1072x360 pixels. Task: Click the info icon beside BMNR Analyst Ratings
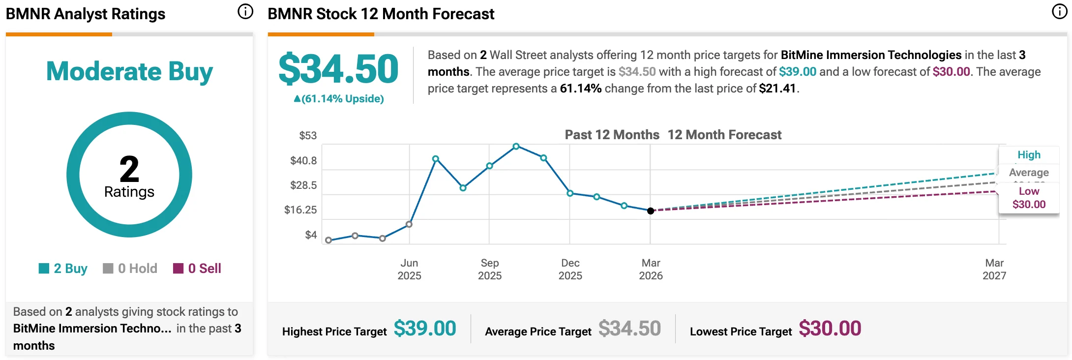tap(245, 11)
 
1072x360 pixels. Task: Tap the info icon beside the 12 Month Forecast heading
tap(1059, 11)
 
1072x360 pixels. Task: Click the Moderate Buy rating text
tap(129, 71)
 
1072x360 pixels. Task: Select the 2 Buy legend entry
tap(63, 269)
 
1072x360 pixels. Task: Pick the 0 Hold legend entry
tap(130, 269)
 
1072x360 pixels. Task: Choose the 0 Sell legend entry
tap(197, 269)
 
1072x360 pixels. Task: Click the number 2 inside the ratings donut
tap(129, 169)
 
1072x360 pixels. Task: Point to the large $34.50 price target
tap(338, 69)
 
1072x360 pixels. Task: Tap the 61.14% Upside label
tap(339, 99)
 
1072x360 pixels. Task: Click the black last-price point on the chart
tap(651, 211)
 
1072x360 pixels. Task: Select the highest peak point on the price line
tap(516, 147)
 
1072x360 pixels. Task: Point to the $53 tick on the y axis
tap(308, 136)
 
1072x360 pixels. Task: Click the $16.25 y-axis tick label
tap(300, 210)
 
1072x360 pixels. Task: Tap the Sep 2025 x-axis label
tap(490, 269)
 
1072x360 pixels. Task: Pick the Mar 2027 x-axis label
tap(994, 269)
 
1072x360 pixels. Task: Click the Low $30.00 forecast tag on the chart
tap(1029, 198)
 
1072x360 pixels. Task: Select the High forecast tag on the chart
tap(1029, 155)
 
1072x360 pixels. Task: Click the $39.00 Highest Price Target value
tap(425, 329)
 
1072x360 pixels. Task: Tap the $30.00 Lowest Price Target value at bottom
tap(830, 329)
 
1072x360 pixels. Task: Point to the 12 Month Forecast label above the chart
tap(724, 135)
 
